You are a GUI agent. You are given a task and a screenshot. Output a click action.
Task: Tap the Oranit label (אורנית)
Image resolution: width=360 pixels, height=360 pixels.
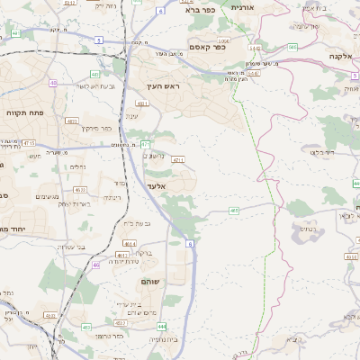(x=244, y=7)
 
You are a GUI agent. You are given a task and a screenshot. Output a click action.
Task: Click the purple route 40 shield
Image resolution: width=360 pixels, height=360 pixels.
(x=53, y=83)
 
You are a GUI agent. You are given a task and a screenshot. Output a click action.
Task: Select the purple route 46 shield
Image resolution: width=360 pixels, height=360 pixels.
(x=95, y=265)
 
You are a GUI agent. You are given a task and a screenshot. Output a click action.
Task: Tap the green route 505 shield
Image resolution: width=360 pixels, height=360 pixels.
(x=292, y=47)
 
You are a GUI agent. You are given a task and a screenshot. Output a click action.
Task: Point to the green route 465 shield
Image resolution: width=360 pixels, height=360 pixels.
(x=234, y=211)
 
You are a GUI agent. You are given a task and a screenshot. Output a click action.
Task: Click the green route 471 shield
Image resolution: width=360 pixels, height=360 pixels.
(x=145, y=144)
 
